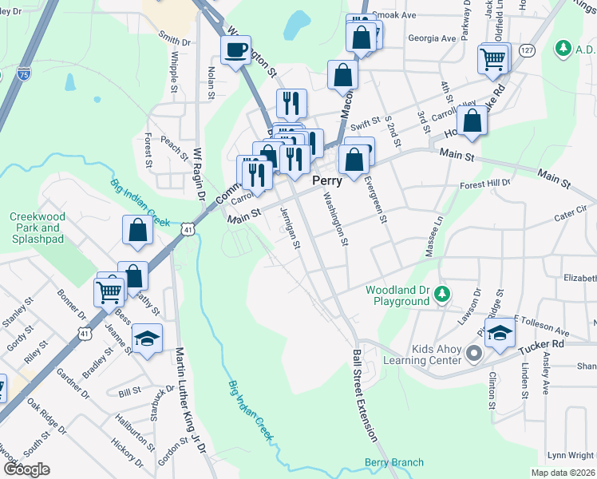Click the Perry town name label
pyautogui.click(x=327, y=180)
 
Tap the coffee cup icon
pyautogui.click(x=235, y=51)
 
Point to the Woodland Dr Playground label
pyautogui.click(x=397, y=295)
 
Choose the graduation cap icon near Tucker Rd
pyautogui.click(x=500, y=334)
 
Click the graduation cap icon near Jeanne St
pyautogui.click(x=147, y=339)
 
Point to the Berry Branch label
pyautogui.click(x=394, y=463)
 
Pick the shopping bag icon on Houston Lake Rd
pyautogui.click(x=473, y=121)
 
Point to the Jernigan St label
pyautogui.click(x=289, y=228)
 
